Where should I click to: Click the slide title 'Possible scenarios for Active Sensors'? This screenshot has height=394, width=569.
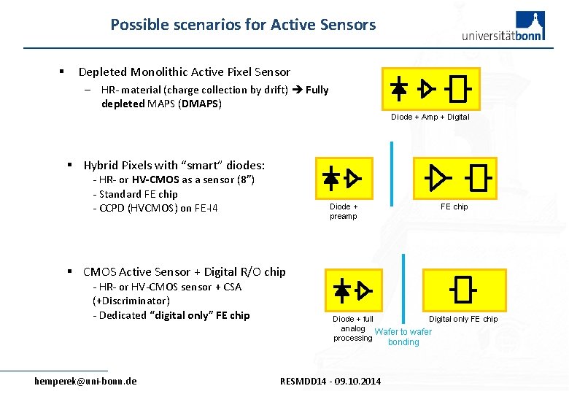pos(243,25)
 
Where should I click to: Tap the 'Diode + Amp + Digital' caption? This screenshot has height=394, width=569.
pos(430,117)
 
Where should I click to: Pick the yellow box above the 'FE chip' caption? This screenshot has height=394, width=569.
pos(455,178)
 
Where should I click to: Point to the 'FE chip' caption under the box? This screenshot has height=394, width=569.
pos(454,206)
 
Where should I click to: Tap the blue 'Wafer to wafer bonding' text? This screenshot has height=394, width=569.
pos(403,337)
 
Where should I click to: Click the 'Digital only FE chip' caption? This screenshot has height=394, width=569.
pos(463,319)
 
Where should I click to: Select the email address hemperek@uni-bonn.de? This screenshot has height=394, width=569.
pos(85,381)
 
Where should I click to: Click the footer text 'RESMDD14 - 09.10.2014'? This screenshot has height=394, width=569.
pos(330,381)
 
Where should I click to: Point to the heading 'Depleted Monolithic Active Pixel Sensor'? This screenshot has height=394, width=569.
pos(184,72)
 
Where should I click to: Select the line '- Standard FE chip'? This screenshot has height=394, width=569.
pos(135,194)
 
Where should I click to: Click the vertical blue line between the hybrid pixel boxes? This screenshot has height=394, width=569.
pos(392,173)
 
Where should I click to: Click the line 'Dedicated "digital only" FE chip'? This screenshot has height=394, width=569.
pos(171,315)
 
